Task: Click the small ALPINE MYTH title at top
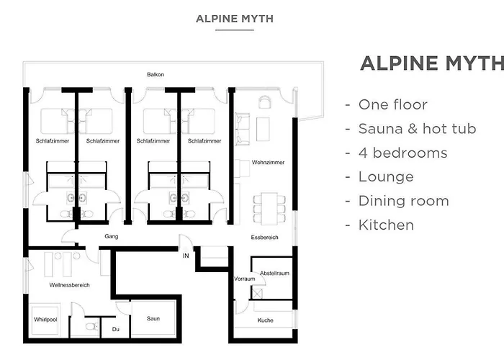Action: [x=234, y=18]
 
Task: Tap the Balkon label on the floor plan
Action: [x=156, y=74]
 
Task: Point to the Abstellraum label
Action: [x=274, y=273]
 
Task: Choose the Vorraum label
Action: [x=245, y=279]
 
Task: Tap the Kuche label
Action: [x=265, y=320]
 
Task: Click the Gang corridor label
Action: [x=111, y=236]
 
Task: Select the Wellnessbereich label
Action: [x=69, y=285]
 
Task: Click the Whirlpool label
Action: [x=45, y=319]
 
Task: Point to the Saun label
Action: [x=153, y=318]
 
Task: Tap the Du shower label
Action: [x=114, y=330]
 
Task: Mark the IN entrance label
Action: [x=186, y=255]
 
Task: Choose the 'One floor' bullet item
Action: [x=392, y=104]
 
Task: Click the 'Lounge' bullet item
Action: [x=386, y=176]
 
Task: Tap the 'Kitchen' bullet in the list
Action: [x=386, y=225]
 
